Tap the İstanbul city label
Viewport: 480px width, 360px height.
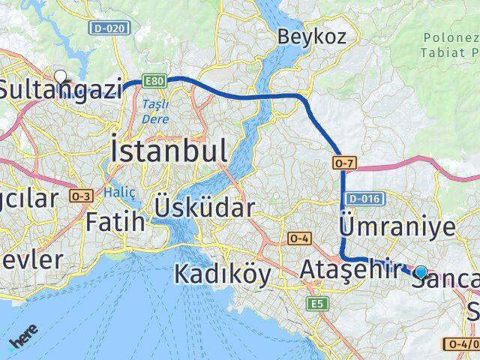coord(169,151)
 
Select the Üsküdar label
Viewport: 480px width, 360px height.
coord(204,208)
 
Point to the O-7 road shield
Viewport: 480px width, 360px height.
coord(341,161)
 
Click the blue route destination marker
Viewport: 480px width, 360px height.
coord(421,272)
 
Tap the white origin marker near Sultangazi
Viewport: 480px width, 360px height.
coord(60,75)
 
